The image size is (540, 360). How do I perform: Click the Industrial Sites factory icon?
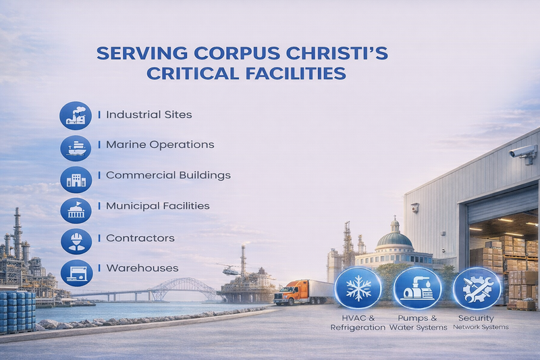pos(76,115)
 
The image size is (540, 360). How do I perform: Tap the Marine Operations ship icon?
pos(76,145)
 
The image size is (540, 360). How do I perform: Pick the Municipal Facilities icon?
pos(76,210)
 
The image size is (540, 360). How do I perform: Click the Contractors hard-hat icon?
pos(76,240)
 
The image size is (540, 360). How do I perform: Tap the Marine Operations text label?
pos(160,145)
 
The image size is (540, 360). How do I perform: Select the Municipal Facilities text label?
pos(157,205)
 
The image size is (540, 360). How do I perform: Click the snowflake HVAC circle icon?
pos(358,288)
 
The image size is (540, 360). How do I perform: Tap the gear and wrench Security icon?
pos(476,288)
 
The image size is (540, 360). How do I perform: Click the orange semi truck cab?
pos(286,294)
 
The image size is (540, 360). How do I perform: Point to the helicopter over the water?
pos(230,269)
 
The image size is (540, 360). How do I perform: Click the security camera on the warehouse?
pos(522,153)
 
